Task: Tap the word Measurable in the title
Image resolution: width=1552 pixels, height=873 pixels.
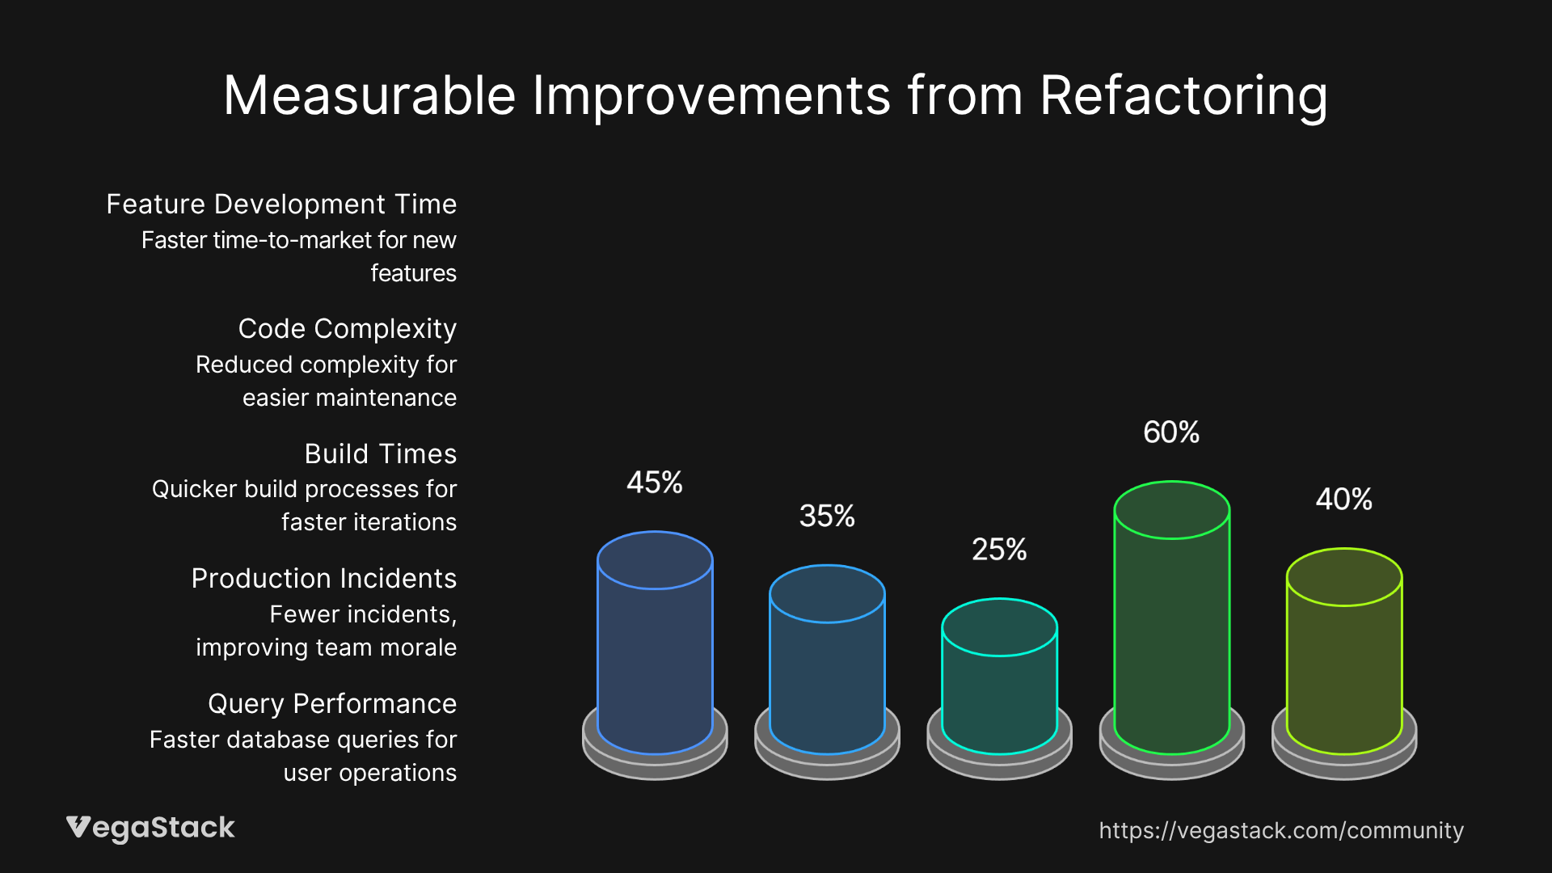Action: point(369,95)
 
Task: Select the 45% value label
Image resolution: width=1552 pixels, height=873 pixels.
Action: point(654,483)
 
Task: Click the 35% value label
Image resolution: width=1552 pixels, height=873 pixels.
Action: point(827,516)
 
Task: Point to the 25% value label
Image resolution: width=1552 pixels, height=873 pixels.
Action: point(999,550)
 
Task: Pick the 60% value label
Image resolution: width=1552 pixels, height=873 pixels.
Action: point(1171,432)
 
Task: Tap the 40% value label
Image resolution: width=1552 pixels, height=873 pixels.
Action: point(1343,500)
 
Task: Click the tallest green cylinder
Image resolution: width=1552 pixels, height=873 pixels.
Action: point(1171,630)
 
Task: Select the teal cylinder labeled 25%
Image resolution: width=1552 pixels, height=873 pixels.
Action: point(999,687)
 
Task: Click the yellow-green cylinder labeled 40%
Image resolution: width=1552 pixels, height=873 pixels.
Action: point(1343,663)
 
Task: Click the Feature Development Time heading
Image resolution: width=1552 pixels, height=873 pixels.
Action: point(281,205)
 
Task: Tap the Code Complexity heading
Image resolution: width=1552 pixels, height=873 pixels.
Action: point(347,329)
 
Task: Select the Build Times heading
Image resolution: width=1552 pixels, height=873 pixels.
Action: point(380,454)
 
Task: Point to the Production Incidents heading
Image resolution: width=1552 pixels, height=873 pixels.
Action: point(323,579)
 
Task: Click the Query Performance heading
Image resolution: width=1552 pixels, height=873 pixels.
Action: point(331,704)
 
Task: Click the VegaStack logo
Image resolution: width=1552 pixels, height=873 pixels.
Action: point(150,828)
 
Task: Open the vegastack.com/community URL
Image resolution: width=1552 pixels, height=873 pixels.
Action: point(1280,830)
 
